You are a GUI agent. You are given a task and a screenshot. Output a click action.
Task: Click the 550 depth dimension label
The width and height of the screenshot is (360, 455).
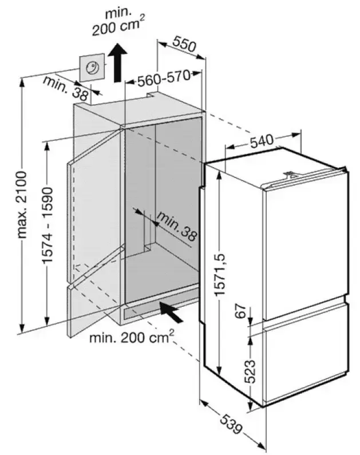coord(184,44)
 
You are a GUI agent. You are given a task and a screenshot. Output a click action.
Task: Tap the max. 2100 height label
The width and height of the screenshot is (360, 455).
coord(22,205)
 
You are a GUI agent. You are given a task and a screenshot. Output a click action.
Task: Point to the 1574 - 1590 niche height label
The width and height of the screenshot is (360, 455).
coord(48,225)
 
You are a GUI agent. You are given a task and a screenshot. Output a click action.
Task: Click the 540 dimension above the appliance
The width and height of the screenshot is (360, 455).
coord(262,141)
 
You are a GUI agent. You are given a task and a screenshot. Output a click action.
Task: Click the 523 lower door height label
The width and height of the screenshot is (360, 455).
coord(250,371)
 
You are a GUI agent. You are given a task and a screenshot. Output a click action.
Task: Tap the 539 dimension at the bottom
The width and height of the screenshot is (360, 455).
coord(231,425)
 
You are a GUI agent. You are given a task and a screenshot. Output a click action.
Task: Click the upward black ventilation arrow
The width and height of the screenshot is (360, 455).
coord(117,63)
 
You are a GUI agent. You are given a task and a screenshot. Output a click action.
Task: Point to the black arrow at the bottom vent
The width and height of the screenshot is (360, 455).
coord(172,312)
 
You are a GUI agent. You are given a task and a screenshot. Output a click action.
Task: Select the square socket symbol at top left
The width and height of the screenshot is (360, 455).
coord(92,68)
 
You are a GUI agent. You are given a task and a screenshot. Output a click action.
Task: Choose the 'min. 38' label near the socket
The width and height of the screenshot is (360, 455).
coord(65,88)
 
